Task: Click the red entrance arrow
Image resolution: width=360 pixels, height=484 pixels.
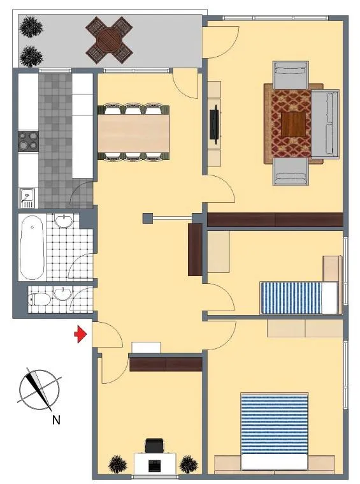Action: coord(80,334)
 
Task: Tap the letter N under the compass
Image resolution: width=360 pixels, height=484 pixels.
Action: coord(56,420)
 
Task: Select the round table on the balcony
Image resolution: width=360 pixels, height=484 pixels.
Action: coord(110,40)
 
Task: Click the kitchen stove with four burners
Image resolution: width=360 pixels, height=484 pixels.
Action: coord(29,140)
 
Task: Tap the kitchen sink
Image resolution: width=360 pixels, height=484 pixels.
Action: coord(27,198)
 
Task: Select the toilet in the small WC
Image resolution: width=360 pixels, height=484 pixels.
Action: coord(39,299)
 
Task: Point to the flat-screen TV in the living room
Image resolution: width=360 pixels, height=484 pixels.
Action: coord(215,124)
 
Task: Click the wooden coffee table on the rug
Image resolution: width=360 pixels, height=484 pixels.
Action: coord(293,124)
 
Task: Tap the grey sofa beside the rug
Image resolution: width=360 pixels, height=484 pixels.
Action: coord(325,124)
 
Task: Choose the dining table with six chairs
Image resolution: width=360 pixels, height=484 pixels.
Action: coord(133,132)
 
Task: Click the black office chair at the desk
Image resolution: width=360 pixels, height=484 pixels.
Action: coord(154,445)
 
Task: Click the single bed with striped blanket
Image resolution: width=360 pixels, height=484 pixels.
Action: coord(299,298)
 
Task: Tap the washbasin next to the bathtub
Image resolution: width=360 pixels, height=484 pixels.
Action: coord(64,221)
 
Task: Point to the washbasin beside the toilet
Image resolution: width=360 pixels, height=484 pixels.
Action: coord(62,293)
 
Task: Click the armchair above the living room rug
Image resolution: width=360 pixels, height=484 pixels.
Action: coord(290,77)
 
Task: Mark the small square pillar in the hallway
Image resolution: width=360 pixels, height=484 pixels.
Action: coord(148,218)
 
